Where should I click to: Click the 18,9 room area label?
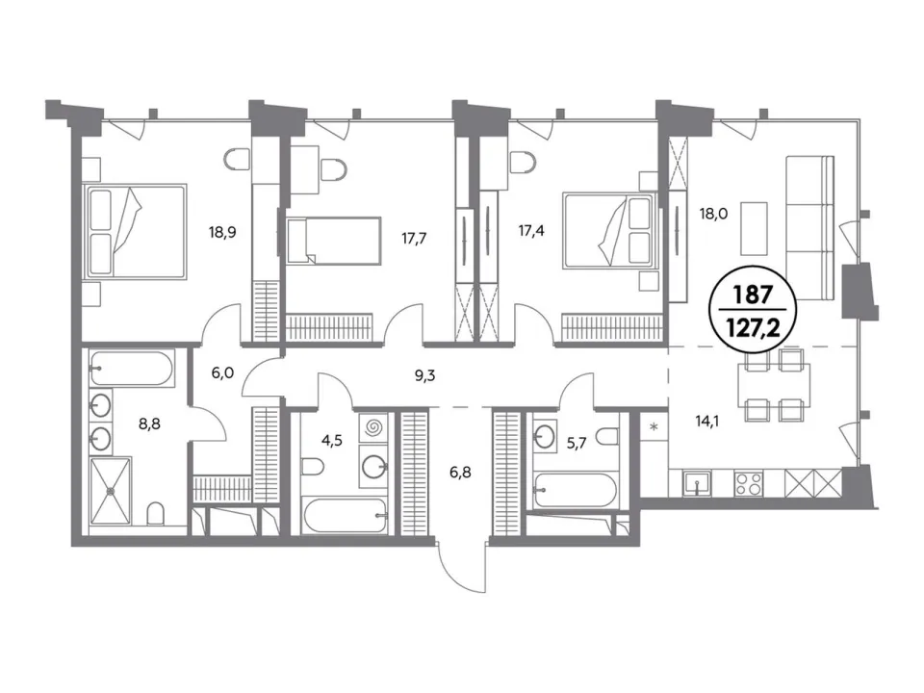222,232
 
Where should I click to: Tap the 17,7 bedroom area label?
414,239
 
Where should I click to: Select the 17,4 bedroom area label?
531,230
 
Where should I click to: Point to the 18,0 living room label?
713,214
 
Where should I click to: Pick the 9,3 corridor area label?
424,376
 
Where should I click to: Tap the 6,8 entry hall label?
460,472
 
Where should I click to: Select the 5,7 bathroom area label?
577,443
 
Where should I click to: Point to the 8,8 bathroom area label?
149,423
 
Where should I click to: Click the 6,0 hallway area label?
222,372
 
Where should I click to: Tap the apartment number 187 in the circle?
753,295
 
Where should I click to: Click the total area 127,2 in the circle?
753,327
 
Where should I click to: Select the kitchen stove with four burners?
749,484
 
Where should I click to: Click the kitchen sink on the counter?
697,484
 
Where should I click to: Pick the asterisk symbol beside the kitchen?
654,426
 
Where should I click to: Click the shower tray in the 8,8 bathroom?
110,490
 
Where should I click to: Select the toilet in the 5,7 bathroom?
606,437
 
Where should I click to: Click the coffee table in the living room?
754,229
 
